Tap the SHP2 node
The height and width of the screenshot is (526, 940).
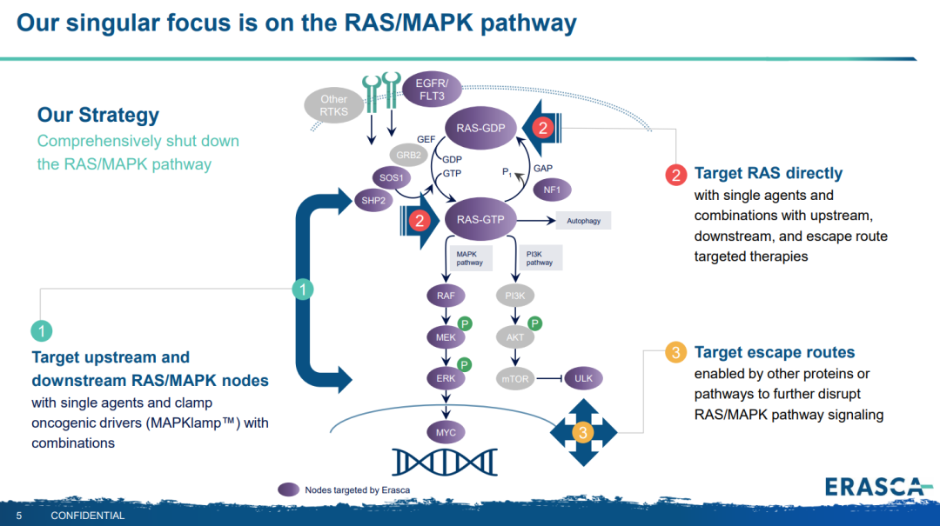pos(372,200)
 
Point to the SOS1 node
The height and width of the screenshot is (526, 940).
pos(392,178)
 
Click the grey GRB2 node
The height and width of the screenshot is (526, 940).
pos(408,156)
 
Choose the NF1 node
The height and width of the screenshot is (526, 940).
pos(552,189)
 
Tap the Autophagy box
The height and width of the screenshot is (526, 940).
pos(583,221)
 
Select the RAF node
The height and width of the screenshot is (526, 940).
pos(446,296)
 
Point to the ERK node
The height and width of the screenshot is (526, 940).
pos(446,378)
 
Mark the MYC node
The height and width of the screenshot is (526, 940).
pos(446,432)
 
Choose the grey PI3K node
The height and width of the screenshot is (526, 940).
pos(514,296)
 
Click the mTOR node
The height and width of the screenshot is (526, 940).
pos(515,378)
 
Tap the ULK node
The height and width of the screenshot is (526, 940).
pos(583,378)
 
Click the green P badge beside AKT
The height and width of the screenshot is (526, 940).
pos(535,323)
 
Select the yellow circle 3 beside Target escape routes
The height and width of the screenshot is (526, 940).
pos(676,352)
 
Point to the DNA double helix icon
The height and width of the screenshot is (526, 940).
pos(444,461)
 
